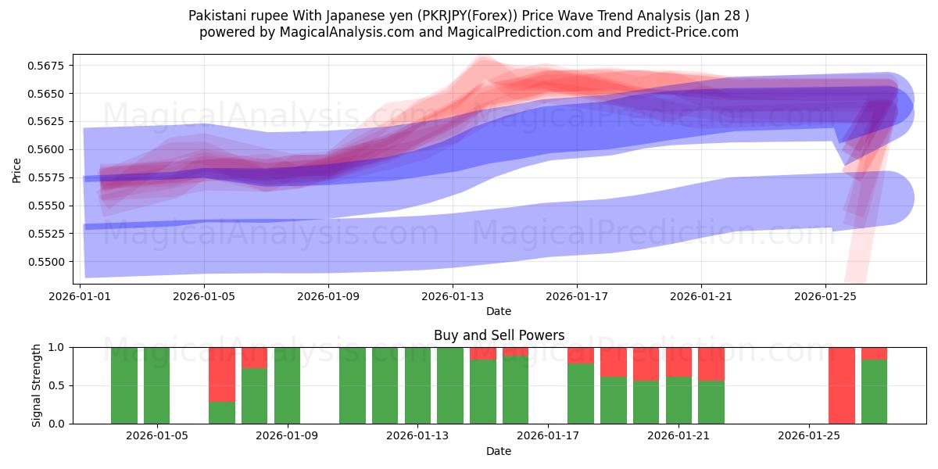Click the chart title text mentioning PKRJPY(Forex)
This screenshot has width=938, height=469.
[469, 16]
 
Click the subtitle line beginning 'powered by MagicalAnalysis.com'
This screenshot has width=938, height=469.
[469, 32]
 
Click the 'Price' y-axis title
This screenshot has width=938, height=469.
[17, 170]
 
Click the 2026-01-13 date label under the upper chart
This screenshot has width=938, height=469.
[453, 297]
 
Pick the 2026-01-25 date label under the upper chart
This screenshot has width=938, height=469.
[826, 297]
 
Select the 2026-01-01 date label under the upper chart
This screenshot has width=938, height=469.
[81, 297]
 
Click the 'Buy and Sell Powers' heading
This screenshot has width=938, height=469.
[499, 335]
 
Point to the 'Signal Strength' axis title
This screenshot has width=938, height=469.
[37, 385]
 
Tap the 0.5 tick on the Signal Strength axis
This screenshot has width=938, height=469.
[58, 385]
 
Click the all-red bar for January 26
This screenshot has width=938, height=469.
[841, 385]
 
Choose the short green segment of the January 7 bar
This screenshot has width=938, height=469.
[222, 413]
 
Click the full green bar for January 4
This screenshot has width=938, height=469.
[124, 385]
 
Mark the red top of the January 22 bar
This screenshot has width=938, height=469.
[711, 363]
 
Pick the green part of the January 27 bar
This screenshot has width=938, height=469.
[874, 392]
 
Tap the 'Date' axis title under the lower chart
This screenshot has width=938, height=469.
[499, 451]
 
